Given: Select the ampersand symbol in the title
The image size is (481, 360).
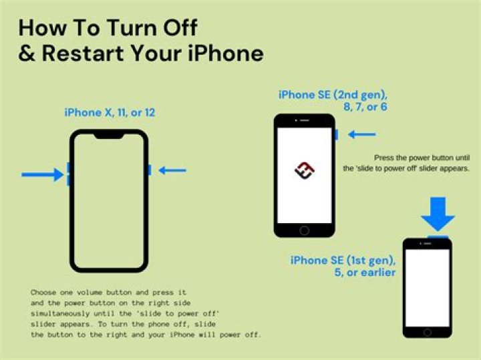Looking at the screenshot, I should [27, 53].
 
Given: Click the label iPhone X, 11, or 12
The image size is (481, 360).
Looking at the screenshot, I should [110, 112].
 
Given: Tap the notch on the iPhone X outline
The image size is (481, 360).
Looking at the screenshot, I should [109, 136].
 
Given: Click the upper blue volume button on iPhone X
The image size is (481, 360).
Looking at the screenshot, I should [68, 168].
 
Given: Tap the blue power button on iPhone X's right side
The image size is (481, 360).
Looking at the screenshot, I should [149, 170].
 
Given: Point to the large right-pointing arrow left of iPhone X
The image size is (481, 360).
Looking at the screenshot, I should [42, 175].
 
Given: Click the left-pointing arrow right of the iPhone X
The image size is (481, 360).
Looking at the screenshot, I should [172, 170].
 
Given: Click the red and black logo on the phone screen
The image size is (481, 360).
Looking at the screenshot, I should [304, 170].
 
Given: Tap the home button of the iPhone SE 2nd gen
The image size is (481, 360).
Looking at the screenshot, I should [305, 230].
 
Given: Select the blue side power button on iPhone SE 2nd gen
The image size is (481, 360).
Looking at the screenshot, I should [336, 135].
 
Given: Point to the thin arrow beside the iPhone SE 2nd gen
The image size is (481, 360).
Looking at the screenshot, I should [362, 135].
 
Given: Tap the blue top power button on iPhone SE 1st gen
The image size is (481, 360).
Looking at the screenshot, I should [438, 235].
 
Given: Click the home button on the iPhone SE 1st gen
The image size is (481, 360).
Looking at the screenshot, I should [428, 331].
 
